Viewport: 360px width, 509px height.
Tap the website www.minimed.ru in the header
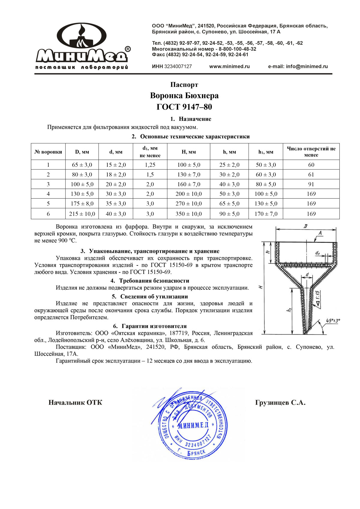click(x=229, y=67)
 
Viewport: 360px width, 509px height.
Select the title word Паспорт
click(x=184, y=85)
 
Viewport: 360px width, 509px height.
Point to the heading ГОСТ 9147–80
click(x=184, y=107)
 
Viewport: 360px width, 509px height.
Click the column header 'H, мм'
click(x=188, y=152)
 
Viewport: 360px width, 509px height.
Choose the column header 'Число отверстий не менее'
click(x=311, y=152)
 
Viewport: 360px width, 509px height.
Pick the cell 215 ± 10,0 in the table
click(x=82, y=214)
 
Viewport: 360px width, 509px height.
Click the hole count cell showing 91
click(x=311, y=184)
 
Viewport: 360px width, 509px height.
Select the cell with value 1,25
click(x=150, y=165)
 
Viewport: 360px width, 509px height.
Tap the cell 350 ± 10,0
click(x=188, y=214)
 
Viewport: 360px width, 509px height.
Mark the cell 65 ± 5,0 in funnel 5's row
click(x=229, y=204)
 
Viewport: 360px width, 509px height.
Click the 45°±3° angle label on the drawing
click(x=333, y=321)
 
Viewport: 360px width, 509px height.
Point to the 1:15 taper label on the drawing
click(x=318, y=297)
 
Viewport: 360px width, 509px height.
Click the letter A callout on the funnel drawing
click(x=320, y=233)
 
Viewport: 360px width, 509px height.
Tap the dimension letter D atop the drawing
click(x=305, y=226)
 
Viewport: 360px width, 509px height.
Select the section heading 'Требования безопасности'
click(x=154, y=281)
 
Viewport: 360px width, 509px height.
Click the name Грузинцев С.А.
click(x=280, y=403)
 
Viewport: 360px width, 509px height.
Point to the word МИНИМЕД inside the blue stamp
click(x=193, y=425)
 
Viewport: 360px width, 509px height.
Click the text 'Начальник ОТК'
click(x=75, y=403)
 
